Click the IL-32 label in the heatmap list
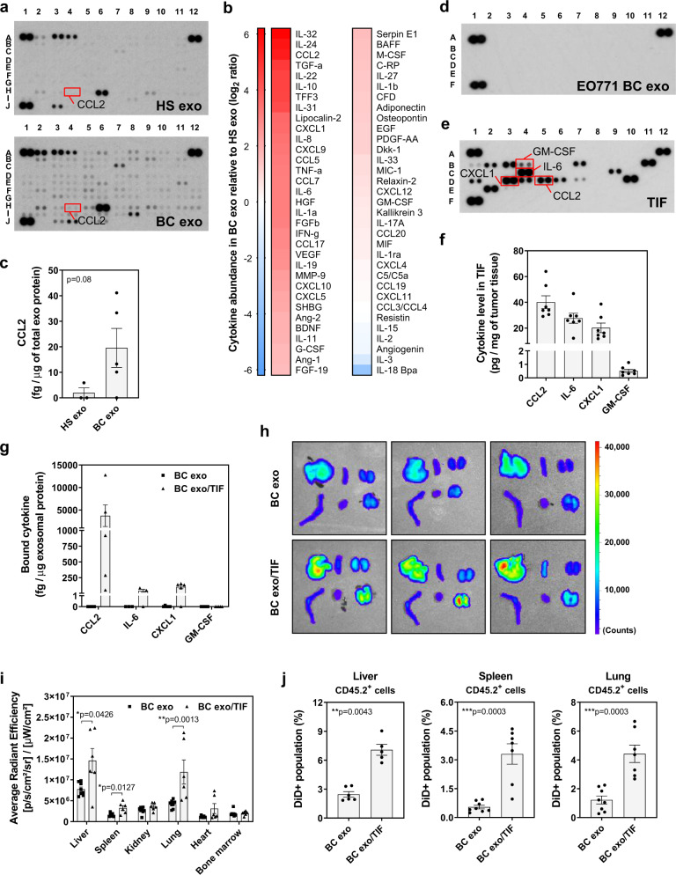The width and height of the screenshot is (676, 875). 306,34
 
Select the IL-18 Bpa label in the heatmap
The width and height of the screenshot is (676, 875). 396,370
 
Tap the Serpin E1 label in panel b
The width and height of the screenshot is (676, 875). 396,34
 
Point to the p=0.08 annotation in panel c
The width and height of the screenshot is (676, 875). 79,279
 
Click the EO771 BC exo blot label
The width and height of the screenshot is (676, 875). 622,86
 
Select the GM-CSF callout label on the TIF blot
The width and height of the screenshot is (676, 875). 553,151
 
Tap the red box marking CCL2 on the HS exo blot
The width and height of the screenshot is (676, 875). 72,92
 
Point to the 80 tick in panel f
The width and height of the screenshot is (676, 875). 517,251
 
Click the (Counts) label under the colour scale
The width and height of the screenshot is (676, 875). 619,630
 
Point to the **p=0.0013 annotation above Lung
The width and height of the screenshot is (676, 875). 179,719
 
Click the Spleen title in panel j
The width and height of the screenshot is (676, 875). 496,676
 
